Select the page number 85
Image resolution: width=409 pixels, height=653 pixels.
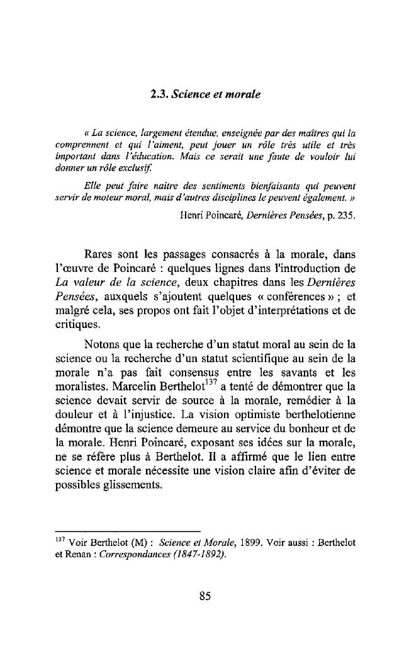pos(204,597)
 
